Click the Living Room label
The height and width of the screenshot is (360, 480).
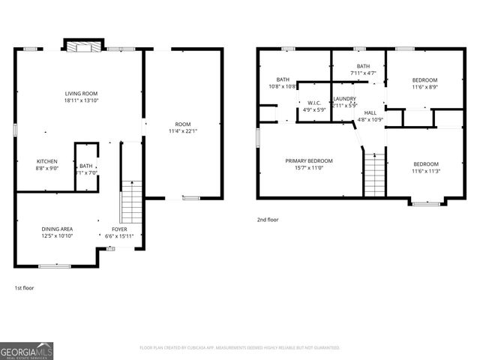pyautogui.click(x=82, y=94)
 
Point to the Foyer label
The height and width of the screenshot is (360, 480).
pyautogui.click(x=119, y=229)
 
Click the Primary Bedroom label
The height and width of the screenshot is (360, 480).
pyautogui.click(x=308, y=160)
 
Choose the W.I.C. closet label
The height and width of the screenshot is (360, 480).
pyautogui.click(x=314, y=103)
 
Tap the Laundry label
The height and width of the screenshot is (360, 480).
pyautogui.click(x=344, y=98)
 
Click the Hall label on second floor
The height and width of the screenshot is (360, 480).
pyautogui.click(x=370, y=112)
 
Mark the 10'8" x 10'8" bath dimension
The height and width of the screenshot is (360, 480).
pyautogui.click(x=283, y=86)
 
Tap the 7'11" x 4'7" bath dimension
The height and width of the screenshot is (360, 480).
pyautogui.click(x=363, y=73)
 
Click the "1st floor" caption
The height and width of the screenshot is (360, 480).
pyautogui.click(x=24, y=288)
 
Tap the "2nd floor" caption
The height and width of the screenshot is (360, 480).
pyautogui.click(x=268, y=220)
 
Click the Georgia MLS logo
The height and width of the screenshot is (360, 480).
pyautogui.click(x=27, y=350)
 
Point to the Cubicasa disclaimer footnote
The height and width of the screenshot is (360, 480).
pyautogui.click(x=239, y=348)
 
